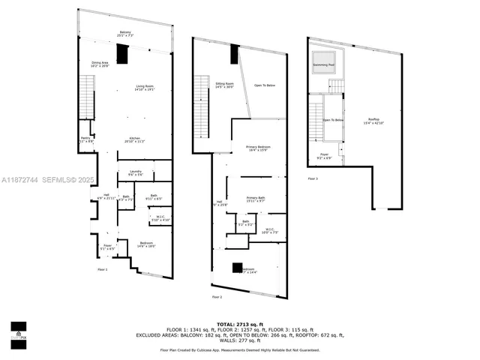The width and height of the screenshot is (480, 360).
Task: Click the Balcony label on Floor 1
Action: tap(125, 34)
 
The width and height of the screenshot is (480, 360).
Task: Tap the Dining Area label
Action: tap(100, 64)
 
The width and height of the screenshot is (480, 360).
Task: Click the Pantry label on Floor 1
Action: tap(85, 139)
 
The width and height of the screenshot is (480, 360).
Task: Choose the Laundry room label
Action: tap(136, 172)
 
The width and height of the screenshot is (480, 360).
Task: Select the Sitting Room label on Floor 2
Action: tap(224, 85)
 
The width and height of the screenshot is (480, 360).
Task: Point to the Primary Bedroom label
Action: tap(258, 148)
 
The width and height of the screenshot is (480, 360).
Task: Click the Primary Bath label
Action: tap(256, 199)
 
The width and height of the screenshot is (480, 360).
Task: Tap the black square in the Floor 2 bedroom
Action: tap(238, 268)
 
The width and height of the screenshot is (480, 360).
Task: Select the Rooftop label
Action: tap(373, 121)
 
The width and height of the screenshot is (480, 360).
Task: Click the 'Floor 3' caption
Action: tap(312, 178)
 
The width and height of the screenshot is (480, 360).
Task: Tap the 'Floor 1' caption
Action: tap(102, 268)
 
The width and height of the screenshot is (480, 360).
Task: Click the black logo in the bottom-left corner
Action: tap(18, 331)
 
